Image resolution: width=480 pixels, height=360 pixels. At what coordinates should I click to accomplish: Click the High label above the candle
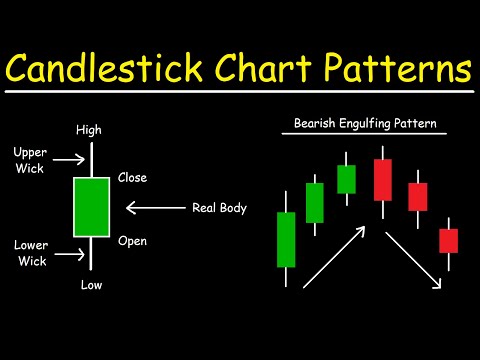click(x=89, y=130)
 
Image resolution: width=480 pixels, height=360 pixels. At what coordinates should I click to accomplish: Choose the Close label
click(x=132, y=178)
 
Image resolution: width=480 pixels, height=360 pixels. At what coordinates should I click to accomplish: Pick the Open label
click(x=132, y=240)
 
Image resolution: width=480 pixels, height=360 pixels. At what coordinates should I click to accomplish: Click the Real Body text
click(x=218, y=209)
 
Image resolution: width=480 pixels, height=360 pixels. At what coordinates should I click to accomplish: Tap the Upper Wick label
click(x=30, y=159)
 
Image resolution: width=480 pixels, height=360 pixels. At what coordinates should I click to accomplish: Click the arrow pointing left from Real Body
click(x=155, y=209)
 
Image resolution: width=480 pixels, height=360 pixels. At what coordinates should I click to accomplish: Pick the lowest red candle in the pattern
click(x=448, y=240)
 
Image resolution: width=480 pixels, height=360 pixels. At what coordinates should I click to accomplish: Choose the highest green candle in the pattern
click(x=346, y=179)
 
